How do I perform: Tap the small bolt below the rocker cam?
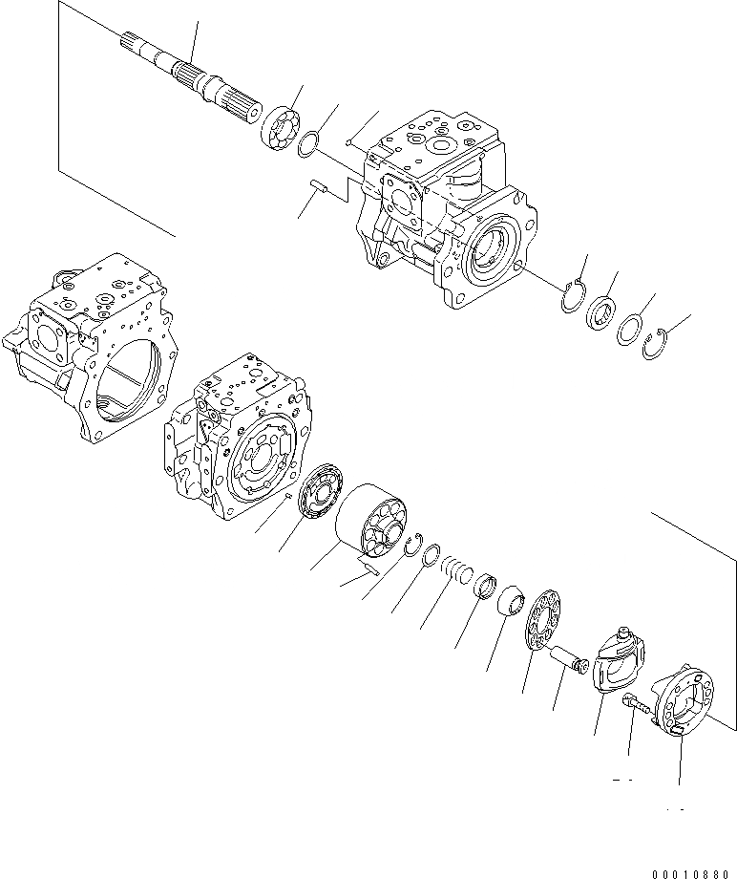(x=639, y=707)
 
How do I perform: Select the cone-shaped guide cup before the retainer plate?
(x=512, y=604)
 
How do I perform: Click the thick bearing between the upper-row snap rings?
(x=602, y=312)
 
